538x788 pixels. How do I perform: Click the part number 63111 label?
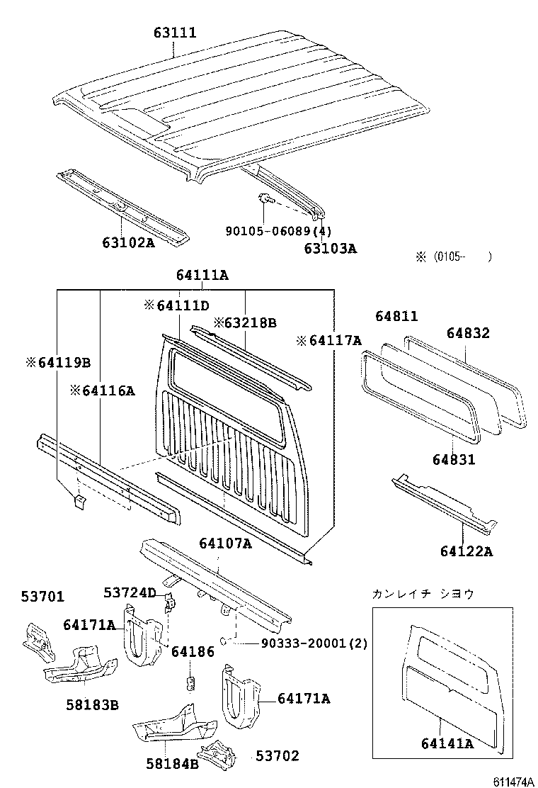(x=175, y=33)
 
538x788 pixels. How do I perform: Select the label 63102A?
(x=127, y=242)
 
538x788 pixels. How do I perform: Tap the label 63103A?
(x=330, y=248)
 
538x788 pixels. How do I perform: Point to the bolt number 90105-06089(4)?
(x=278, y=231)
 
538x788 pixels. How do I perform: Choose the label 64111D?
(x=176, y=305)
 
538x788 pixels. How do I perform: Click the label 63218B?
(x=245, y=322)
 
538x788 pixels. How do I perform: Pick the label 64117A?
(x=329, y=341)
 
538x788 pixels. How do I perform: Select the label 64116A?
(x=102, y=390)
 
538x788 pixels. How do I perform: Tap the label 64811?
(x=396, y=317)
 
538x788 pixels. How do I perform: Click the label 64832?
(x=467, y=333)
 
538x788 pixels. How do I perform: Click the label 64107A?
(x=225, y=543)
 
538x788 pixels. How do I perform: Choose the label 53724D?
(x=130, y=592)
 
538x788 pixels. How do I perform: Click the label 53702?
(x=277, y=756)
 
